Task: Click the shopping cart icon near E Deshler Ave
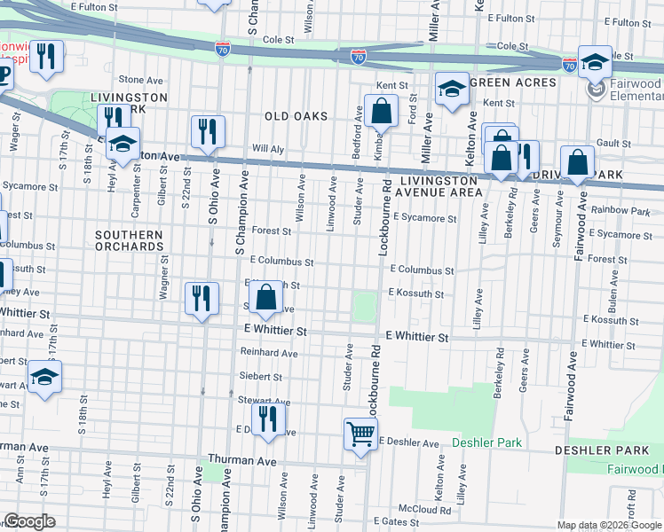(361, 434)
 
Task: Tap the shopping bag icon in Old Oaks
(381, 113)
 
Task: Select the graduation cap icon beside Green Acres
(452, 89)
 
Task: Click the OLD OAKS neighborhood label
(296, 116)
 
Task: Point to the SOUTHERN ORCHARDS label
(130, 240)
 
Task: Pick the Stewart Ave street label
(260, 400)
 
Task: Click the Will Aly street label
(267, 150)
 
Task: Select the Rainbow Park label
(626, 211)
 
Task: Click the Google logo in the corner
(29, 521)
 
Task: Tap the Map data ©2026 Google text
(608, 525)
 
